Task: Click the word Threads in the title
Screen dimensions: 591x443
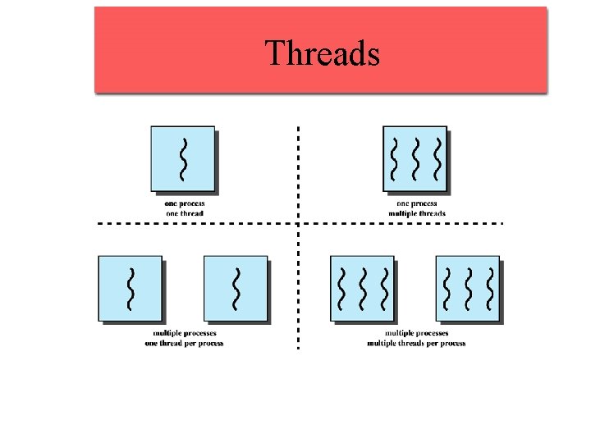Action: (323, 54)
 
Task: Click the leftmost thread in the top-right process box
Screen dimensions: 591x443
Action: (395, 158)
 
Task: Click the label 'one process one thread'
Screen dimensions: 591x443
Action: (184, 208)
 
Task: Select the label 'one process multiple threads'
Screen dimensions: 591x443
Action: (417, 208)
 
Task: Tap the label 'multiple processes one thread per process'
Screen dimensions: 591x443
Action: (184, 338)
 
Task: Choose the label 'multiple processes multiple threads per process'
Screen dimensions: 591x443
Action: (417, 338)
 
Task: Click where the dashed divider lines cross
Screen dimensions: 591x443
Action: (297, 222)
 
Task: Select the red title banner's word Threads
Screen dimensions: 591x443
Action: (323, 54)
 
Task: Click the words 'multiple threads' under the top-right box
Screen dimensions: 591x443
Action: (417, 213)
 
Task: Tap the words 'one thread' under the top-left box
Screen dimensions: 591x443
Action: (184, 213)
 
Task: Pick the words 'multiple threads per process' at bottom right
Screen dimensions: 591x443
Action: (417, 343)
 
